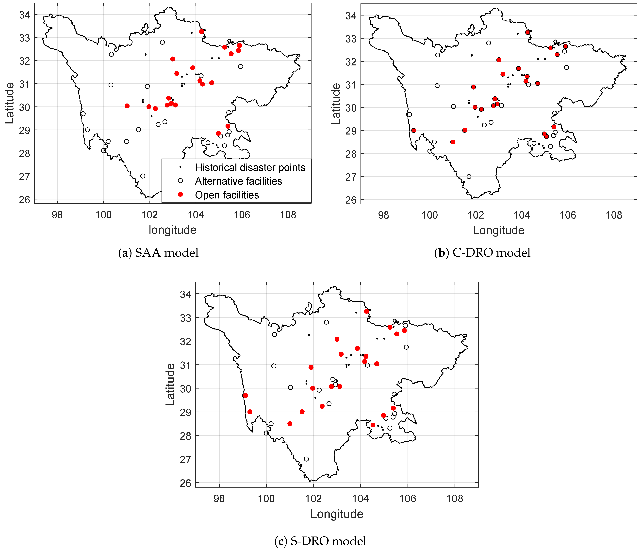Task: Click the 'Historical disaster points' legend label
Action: (250, 168)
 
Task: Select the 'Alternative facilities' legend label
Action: (238, 181)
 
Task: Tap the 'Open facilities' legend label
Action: (227, 195)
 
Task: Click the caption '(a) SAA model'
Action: (158, 253)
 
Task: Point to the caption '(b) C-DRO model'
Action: (482, 253)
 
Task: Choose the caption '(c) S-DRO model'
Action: (320, 541)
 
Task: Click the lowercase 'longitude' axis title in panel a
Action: (173, 230)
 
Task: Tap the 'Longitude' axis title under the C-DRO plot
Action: (499, 230)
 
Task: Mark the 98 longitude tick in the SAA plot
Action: (57, 215)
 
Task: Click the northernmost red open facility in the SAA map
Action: (201, 31)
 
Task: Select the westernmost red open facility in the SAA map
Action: (127, 106)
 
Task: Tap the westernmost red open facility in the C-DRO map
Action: (414, 131)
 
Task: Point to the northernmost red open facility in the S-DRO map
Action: (366, 311)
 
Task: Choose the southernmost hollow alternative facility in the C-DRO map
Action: (469, 177)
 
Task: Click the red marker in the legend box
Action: (180, 194)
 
